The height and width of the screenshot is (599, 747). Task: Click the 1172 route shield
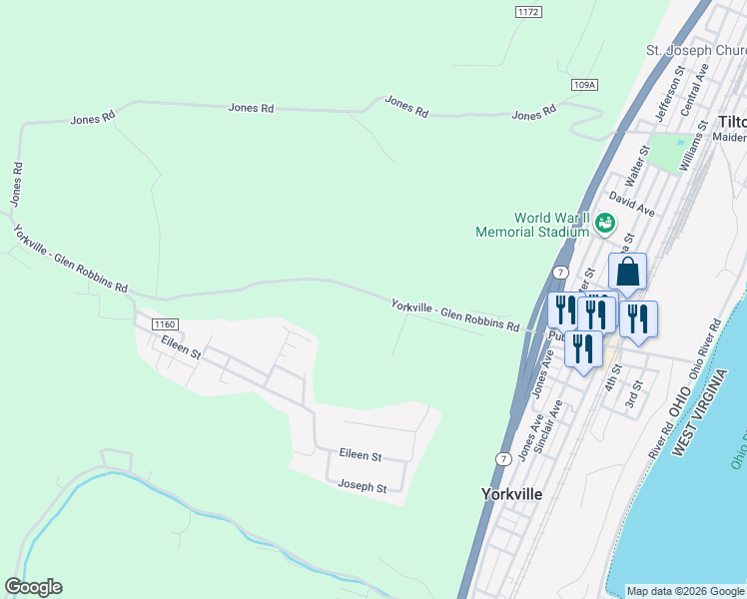point(529,12)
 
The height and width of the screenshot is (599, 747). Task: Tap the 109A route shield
point(585,86)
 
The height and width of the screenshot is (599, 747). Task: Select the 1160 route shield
point(165,324)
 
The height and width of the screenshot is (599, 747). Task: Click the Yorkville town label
point(511,494)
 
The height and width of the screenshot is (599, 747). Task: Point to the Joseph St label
point(362,487)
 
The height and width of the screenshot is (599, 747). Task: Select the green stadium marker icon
point(604,224)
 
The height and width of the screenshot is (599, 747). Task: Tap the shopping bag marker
point(627,272)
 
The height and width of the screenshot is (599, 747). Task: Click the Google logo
point(34,587)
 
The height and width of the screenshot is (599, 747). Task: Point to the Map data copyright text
point(686,591)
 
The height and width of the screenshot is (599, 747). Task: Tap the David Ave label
point(632,205)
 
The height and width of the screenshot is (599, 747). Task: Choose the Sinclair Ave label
point(548,427)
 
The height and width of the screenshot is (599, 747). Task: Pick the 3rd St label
point(632,396)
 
